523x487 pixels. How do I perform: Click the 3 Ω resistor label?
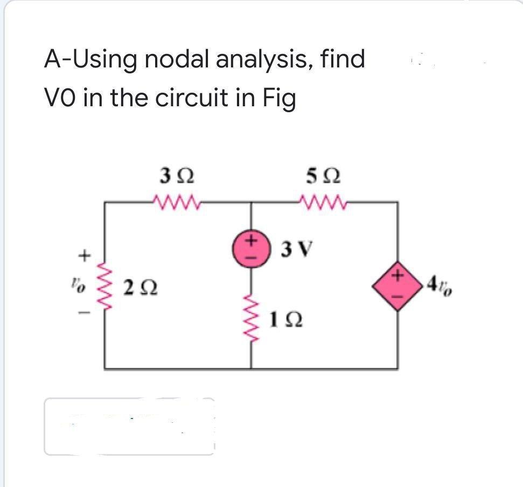click(x=173, y=176)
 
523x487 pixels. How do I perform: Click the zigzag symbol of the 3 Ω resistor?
click(x=173, y=203)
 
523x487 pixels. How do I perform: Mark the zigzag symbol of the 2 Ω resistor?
click(x=105, y=286)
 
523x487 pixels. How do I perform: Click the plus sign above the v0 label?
click(x=82, y=253)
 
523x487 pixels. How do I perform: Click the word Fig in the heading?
click(x=277, y=98)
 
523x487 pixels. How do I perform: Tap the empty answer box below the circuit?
click(x=129, y=427)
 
